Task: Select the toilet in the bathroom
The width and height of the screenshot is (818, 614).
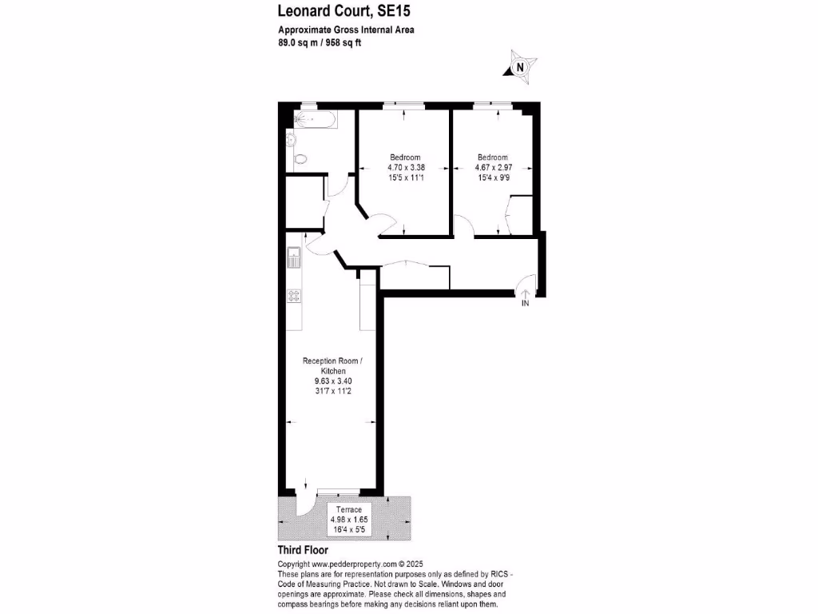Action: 300,159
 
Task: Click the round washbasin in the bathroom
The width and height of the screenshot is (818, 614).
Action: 292,140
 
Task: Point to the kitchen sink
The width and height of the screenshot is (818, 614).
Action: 293,258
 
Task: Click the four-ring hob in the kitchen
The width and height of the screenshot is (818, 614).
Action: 293,296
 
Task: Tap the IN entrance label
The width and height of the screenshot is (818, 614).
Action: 525,304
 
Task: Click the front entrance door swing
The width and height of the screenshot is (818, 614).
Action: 526,284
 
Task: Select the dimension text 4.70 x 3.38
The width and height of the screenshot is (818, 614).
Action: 406,168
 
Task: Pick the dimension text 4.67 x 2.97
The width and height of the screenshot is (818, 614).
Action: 493,168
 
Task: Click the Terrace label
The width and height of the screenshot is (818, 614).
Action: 348,510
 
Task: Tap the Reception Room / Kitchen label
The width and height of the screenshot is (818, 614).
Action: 333,366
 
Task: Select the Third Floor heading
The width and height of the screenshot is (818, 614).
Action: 303,550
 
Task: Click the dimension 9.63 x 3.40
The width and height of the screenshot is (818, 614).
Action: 333,381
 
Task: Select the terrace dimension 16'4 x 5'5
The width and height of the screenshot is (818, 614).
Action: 348,529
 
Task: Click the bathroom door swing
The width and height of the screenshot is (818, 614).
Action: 336,184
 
